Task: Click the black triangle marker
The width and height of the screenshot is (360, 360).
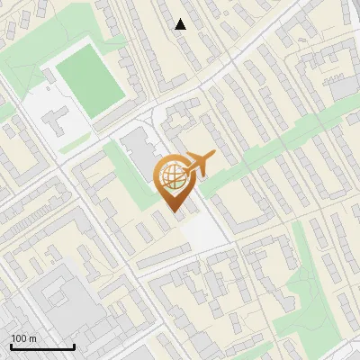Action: [181, 24]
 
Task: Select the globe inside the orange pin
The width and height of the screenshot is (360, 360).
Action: [173, 176]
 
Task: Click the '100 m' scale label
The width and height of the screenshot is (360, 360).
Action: [24, 338]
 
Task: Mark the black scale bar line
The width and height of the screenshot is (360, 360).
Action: [41, 346]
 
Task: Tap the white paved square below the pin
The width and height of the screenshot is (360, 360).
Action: [204, 232]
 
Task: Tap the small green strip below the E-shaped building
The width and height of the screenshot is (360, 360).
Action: [76, 143]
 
